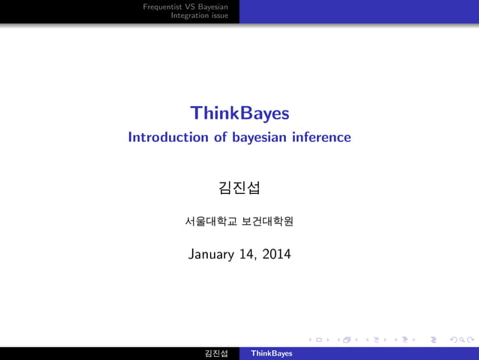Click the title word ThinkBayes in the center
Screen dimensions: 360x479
pyautogui.click(x=239, y=113)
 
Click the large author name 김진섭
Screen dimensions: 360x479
pyautogui.click(x=239, y=186)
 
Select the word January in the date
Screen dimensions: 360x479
pyautogui.click(x=212, y=255)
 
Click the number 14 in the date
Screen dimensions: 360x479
pyautogui.click(x=249, y=255)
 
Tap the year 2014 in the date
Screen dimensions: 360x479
pyautogui.click(x=276, y=255)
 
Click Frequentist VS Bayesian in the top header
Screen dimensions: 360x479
pyautogui.click(x=185, y=6)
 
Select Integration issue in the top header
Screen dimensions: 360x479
pyautogui.click(x=200, y=15)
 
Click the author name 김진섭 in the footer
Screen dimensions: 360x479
pyautogui.click(x=216, y=353)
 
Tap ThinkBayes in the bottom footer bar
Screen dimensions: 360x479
pyautogui.click(x=272, y=353)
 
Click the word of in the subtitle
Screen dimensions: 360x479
pyautogui.click(x=218, y=138)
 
